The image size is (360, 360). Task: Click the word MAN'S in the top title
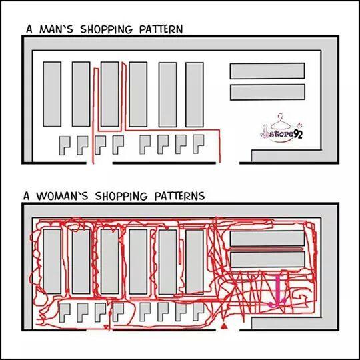[x=56, y=29]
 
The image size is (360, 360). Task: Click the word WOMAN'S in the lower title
[x=62, y=195]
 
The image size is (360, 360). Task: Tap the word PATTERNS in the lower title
[x=179, y=195]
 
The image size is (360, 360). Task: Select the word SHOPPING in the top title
[x=106, y=29]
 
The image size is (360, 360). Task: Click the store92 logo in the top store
[x=282, y=129]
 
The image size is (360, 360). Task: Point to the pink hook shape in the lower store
[x=278, y=291]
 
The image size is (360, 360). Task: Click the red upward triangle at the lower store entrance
[x=224, y=326]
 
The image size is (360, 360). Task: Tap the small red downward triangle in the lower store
[x=105, y=327]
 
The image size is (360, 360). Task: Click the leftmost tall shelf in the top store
[x=52, y=94]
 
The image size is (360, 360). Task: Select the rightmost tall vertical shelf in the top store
[x=195, y=95]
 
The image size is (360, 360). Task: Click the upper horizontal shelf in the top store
[x=267, y=71]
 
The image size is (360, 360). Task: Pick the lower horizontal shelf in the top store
[x=267, y=92]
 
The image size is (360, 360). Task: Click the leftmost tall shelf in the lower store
[x=52, y=261]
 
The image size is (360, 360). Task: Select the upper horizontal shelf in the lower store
[x=267, y=239]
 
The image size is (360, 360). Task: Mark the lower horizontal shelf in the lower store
[x=267, y=260]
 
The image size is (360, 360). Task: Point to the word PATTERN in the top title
[x=161, y=29]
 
